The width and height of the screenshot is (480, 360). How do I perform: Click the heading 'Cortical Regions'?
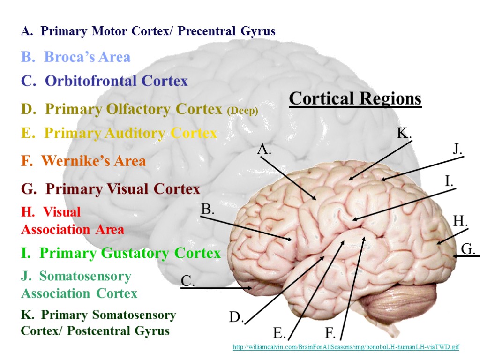(355, 99)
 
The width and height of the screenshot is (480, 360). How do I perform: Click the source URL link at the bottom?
(346, 347)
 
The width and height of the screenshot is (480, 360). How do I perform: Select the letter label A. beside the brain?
(264, 150)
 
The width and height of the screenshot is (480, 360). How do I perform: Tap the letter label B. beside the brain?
(208, 210)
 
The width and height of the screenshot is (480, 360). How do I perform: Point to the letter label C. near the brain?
(187, 281)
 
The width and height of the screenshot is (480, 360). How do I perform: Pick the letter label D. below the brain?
(236, 318)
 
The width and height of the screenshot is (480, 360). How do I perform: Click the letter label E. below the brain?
(280, 333)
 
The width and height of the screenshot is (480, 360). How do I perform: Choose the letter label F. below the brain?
(330, 333)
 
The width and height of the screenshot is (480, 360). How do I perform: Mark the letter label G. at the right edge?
(468, 249)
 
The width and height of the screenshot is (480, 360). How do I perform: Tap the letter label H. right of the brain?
(460, 221)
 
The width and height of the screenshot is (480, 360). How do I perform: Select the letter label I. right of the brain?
(449, 180)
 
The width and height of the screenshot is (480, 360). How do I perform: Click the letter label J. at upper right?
(457, 150)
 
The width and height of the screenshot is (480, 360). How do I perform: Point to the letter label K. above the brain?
(404, 133)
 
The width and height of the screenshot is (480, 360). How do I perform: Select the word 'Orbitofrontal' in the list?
(91, 81)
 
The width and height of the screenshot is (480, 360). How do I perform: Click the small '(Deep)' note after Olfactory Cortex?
(242, 111)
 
